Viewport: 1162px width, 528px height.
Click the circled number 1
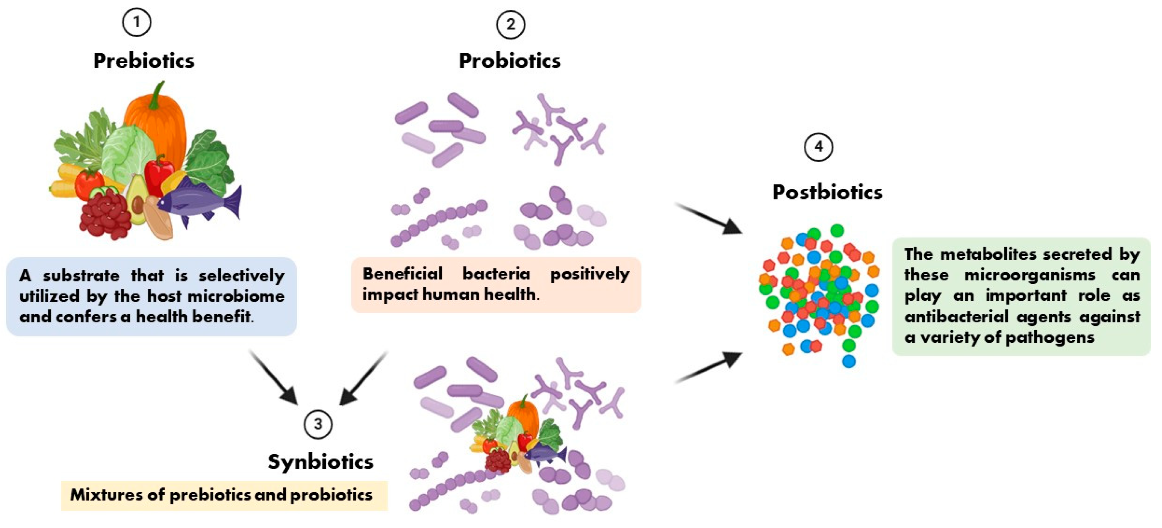[x=136, y=22]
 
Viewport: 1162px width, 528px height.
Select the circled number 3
[x=318, y=424]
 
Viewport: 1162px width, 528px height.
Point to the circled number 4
[x=818, y=146]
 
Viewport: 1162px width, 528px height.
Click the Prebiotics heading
[x=143, y=61]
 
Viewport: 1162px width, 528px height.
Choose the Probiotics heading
[x=510, y=61]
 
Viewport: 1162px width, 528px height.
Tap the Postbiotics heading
[x=827, y=192]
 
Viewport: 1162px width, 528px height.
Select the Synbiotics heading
[x=320, y=462]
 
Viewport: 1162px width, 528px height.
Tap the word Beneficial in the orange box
[x=402, y=274]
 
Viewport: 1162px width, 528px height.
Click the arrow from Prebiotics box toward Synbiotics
[x=273, y=377]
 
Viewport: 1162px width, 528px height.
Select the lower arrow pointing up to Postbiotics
[x=708, y=367]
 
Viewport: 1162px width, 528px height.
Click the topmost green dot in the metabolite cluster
[x=837, y=231]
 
